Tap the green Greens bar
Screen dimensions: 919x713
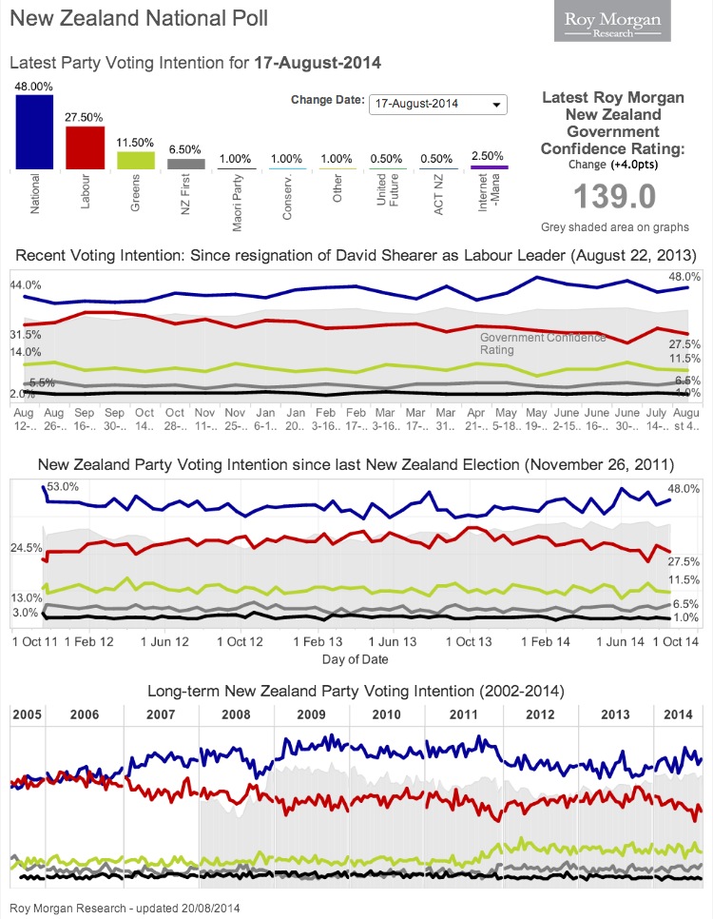pyautogui.click(x=135, y=161)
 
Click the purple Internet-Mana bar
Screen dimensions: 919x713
pyautogui.click(x=489, y=168)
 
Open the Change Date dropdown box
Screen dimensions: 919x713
pyautogui.click(x=438, y=105)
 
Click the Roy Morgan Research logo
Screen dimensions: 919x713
pyautogui.click(x=612, y=22)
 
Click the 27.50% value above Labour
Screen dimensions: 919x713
pyautogui.click(x=85, y=117)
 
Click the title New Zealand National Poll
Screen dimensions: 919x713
pyautogui.click(x=139, y=18)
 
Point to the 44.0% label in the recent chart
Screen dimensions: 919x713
pyautogui.click(x=25, y=285)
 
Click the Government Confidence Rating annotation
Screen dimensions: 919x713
pyautogui.click(x=542, y=343)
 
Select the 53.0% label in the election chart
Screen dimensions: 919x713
pyautogui.click(x=65, y=486)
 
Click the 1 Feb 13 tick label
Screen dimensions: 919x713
pyautogui.click(x=317, y=642)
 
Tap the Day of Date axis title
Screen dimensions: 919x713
pyautogui.click(x=354, y=659)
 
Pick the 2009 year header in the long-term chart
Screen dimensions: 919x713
pyautogui.click(x=312, y=714)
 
